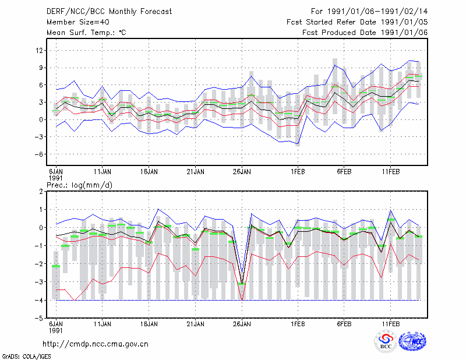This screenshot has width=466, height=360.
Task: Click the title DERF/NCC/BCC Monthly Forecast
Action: (109, 12)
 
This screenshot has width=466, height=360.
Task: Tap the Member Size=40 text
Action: (78, 22)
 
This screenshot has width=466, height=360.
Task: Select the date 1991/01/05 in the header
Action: (404, 22)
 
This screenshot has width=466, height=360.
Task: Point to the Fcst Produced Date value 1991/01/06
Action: (404, 33)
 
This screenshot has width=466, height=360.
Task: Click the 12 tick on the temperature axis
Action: (39, 51)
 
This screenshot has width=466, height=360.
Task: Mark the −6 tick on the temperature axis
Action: (38, 154)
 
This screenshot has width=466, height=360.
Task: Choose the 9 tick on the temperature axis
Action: (41, 68)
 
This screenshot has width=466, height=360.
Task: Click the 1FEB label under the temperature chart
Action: (298, 172)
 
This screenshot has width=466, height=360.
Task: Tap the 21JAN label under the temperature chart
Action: (195, 172)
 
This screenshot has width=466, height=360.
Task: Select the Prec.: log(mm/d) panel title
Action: (79, 185)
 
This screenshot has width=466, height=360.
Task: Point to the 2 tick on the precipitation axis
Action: (41, 192)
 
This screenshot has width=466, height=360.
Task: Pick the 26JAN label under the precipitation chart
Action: (242, 324)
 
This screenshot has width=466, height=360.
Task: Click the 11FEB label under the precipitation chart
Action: (390, 324)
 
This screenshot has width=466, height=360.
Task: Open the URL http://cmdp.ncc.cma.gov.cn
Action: (96, 344)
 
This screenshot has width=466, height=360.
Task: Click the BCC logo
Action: (386, 341)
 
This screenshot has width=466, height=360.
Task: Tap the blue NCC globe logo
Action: (412, 341)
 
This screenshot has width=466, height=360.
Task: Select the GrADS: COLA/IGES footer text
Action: (26, 357)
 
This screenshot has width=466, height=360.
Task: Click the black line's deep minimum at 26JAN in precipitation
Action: (242, 283)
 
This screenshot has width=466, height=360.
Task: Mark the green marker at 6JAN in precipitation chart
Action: (56, 266)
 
